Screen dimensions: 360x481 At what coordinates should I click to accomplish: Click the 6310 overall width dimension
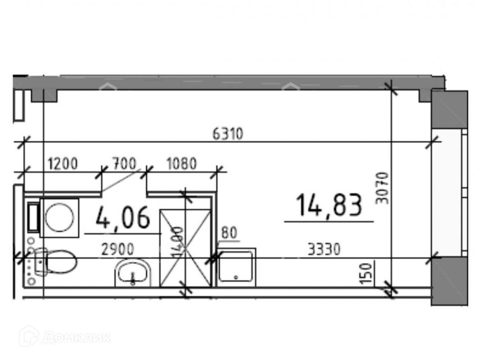click(x=227, y=134)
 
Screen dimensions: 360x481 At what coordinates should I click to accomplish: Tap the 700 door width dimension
click(x=124, y=164)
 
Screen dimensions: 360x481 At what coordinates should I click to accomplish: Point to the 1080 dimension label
click(x=182, y=164)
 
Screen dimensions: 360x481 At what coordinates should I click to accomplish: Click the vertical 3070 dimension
click(x=382, y=188)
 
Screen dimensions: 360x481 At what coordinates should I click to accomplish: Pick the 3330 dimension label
click(x=322, y=248)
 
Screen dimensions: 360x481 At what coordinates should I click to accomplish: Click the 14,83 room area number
click(x=329, y=205)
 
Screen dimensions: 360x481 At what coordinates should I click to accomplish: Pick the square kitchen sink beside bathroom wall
click(x=236, y=267)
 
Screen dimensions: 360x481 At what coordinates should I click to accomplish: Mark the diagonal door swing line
click(x=121, y=181)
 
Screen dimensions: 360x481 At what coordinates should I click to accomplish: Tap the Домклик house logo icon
click(x=29, y=336)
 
